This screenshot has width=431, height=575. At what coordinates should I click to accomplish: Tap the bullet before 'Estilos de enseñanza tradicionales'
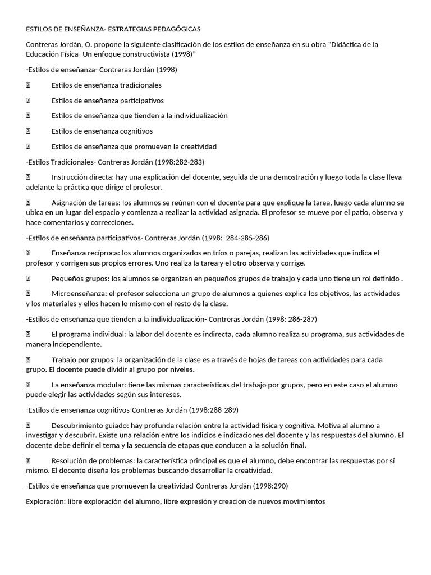[27, 85]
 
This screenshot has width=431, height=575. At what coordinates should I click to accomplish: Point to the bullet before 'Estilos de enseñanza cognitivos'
[27, 131]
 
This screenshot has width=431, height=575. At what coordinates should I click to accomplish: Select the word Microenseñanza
[78, 293]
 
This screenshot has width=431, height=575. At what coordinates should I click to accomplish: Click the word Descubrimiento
[78, 425]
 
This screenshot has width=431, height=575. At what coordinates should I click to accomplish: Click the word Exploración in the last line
[45, 501]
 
